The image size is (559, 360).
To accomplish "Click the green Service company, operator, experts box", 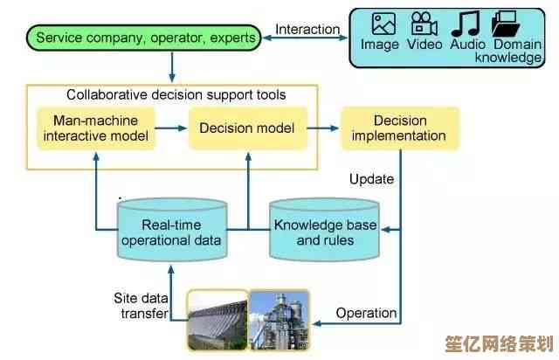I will click(x=147, y=38).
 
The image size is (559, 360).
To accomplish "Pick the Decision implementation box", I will click(x=399, y=128).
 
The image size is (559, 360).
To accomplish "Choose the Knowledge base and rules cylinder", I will click(x=325, y=232).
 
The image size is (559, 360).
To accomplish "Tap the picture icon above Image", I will click(x=383, y=24).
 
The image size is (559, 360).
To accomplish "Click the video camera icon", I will click(x=424, y=24).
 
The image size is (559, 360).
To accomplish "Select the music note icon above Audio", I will click(x=468, y=24).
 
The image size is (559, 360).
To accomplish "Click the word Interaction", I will click(x=307, y=30).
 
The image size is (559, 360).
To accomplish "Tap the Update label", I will click(x=371, y=180).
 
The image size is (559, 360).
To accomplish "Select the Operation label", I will click(x=367, y=313).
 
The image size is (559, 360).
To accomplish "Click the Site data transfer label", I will click(x=139, y=306).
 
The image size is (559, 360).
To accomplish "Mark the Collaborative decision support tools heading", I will click(x=176, y=94).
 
